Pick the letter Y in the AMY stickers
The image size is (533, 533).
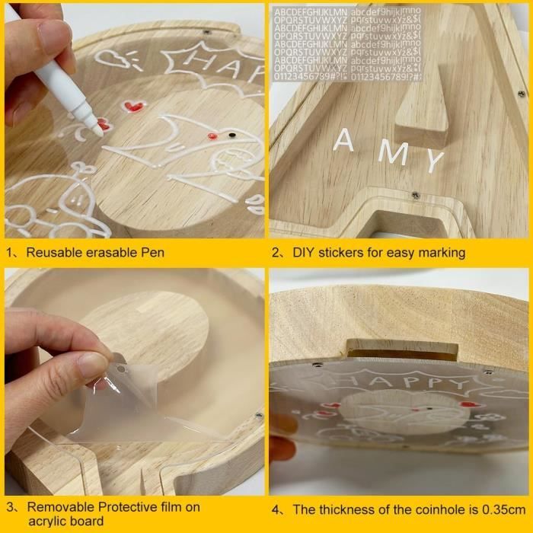[433, 161]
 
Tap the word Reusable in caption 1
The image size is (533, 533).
[56, 251]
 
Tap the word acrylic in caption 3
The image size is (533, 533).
[45, 522]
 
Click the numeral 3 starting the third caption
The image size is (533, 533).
[11, 506]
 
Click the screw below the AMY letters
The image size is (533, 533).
[415, 195]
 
